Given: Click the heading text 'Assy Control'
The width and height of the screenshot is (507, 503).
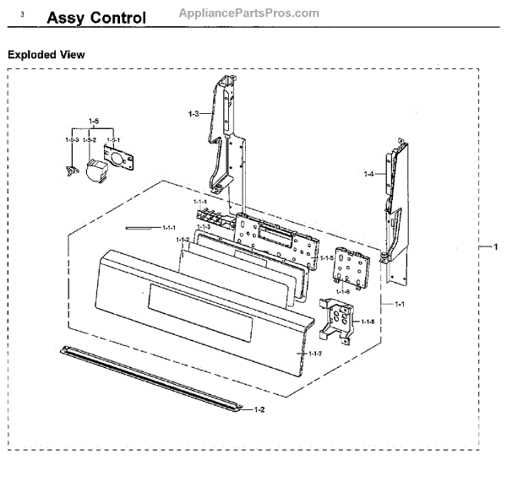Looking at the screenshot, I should pyautogui.click(x=95, y=18).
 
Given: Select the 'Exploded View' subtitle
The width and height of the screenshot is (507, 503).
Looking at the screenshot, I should pyautogui.click(x=46, y=55).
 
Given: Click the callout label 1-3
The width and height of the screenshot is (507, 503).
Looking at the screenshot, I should pyautogui.click(x=193, y=113).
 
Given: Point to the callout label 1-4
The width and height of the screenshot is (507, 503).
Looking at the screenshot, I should pyautogui.click(x=368, y=174).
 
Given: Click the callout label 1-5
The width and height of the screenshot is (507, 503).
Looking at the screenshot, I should pyautogui.click(x=94, y=122).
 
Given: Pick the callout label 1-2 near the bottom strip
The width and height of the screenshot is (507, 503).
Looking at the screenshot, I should pyautogui.click(x=259, y=409).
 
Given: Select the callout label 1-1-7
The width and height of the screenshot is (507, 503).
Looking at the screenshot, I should pyautogui.click(x=316, y=353).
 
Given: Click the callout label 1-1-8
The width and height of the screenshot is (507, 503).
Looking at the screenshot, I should pyautogui.click(x=368, y=322).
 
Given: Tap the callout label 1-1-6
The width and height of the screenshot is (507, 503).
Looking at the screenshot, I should pyautogui.click(x=342, y=291).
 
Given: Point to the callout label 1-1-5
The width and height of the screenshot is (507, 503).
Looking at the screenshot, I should pyautogui.click(x=326, y=258).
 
